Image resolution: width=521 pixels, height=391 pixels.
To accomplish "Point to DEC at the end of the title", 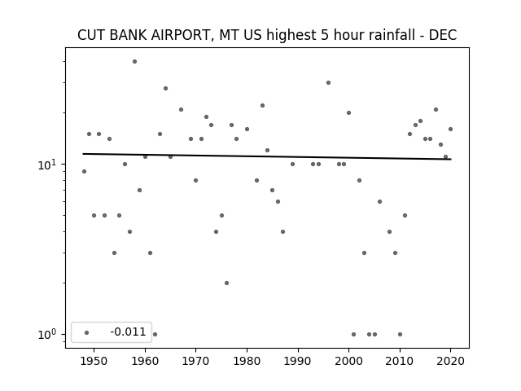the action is tap(443, 35).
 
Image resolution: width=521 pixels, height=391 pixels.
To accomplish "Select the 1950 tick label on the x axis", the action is tap(94, 361).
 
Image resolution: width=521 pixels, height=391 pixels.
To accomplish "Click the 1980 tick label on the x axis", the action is tap(247, 361).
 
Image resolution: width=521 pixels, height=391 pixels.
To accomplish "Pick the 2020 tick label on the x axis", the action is tap(450, 361).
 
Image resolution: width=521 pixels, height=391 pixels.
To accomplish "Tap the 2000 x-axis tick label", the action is tap(348, 361).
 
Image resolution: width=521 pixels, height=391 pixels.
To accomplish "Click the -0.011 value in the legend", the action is tap(128, 332).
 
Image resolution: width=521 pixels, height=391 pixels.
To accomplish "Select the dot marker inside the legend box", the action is tap(87, 332).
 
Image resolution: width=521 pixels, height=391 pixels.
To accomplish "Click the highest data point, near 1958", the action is tap(134, 62).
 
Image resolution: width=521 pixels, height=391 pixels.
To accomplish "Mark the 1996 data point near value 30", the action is tap(328, 83).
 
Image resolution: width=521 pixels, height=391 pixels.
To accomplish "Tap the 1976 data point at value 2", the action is tap(226, 283).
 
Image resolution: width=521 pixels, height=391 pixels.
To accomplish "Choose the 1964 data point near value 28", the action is tap(165, 89).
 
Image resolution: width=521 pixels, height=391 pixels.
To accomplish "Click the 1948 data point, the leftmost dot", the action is tap(84, 172).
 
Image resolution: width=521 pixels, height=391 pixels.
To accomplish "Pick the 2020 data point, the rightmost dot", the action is tap(450, 130).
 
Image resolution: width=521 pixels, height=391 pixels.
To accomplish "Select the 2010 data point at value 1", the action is tap(400, 335).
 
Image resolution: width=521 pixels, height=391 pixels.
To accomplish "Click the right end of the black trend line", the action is tap(451, 160).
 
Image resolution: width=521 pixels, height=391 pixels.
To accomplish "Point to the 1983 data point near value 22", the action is tap(262, 106).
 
